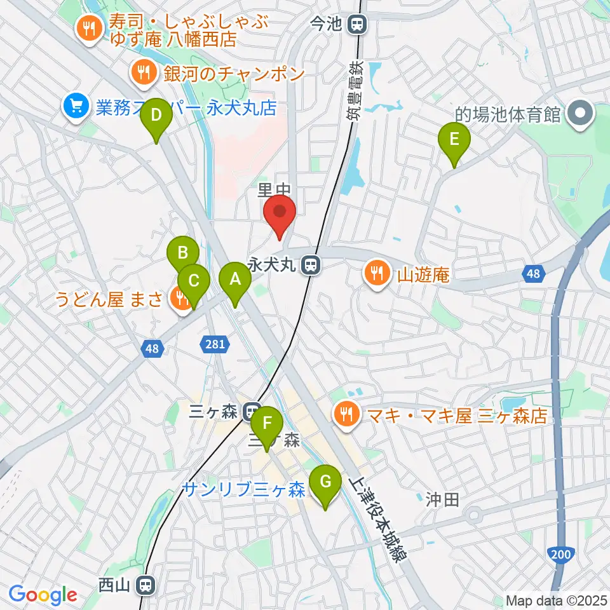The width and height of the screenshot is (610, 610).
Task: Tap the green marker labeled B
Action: pos(182,255)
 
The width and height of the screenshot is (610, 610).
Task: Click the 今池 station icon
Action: pos(357,25)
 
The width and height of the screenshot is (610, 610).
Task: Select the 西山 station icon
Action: pos(147,585)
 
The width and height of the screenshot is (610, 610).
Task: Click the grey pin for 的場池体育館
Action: pos(580,114)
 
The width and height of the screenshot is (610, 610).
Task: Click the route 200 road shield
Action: pos(561,555)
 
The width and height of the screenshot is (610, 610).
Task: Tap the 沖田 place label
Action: pos(442,499)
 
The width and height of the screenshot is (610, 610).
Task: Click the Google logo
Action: pos(43,594)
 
